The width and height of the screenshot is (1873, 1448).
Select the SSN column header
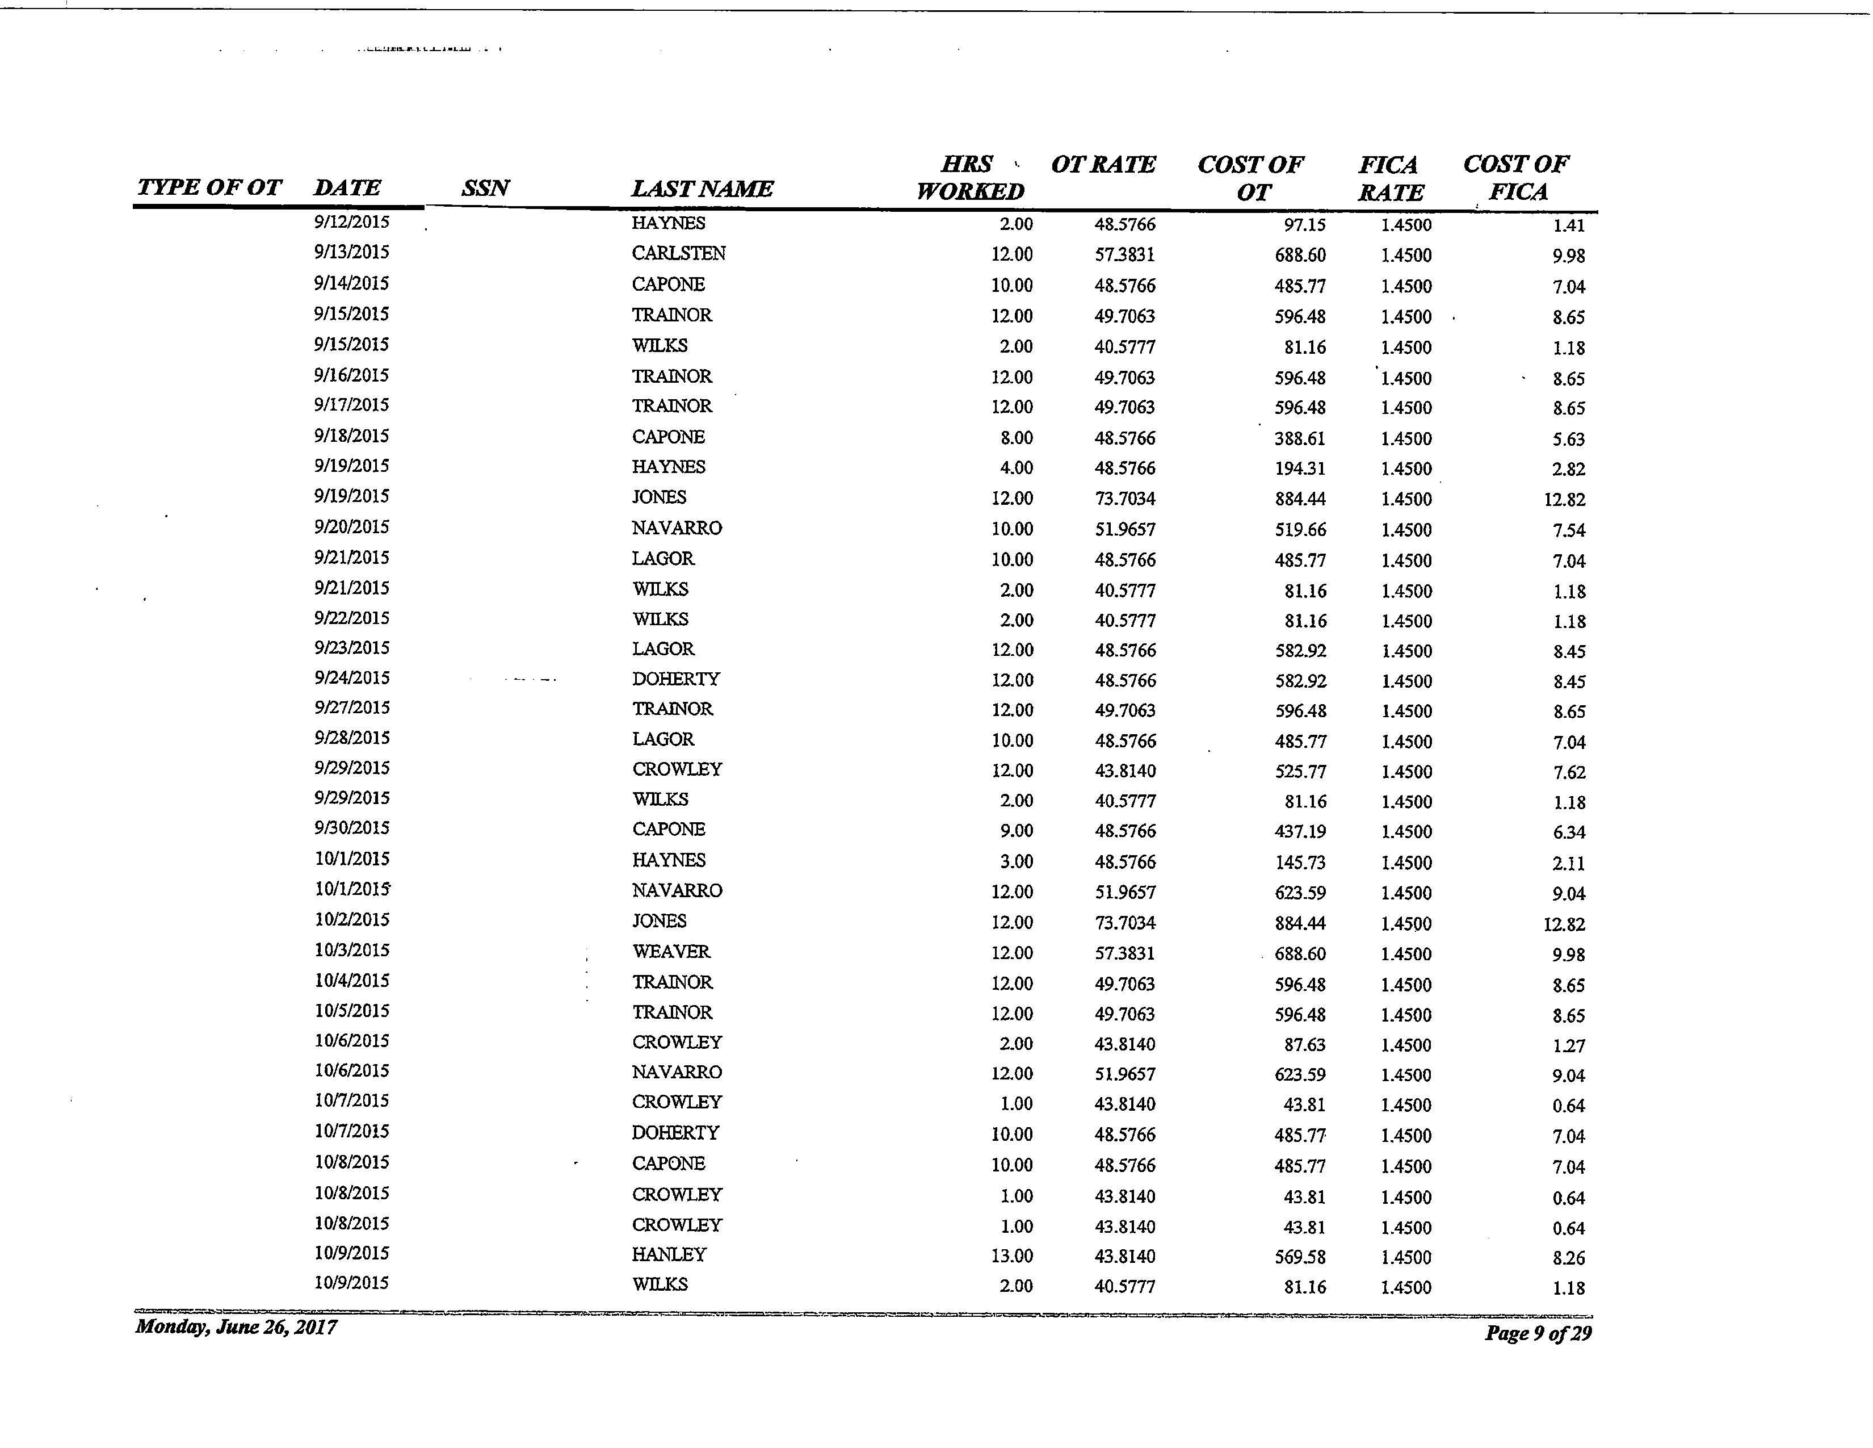pyautogui.click(x=485, y=188)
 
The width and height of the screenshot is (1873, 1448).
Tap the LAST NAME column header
pyautogui.click(x=702, y=188)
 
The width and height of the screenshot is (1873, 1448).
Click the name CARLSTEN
pyautogui.click(x=678, y=253)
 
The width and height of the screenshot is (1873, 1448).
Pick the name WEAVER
pyautogui.click(x=671, y=951)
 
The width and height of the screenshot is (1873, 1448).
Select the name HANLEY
pyautogui.click(x=669, y=1254)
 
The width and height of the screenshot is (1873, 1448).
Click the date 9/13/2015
pyautogui.click(x=351, y=252)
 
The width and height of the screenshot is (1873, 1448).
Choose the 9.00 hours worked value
pyautogui.click(x=1017, y=830)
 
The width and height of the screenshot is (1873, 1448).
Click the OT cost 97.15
pyautogui.click(x=1304, y=225)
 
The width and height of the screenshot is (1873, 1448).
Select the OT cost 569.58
pyautogui.click(x=1300, y=1257)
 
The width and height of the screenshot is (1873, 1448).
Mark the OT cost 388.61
pyautogui.click(x=1300, y=438)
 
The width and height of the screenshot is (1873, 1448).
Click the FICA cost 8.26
pyautogui.click(x=1569, y=1258)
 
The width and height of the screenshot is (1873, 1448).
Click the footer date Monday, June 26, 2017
pyautogui.click(x=236, y=1327)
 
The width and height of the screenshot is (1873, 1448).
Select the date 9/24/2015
pyautogui.click(x=352, y=677)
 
